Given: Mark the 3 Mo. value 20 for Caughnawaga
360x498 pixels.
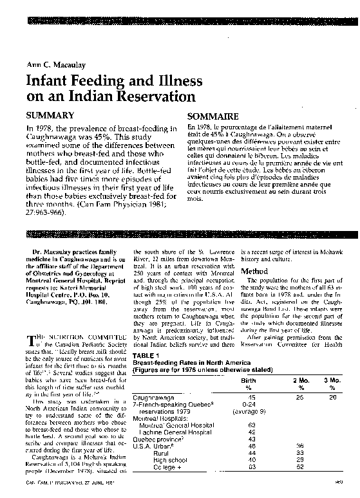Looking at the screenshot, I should point(332,398).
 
